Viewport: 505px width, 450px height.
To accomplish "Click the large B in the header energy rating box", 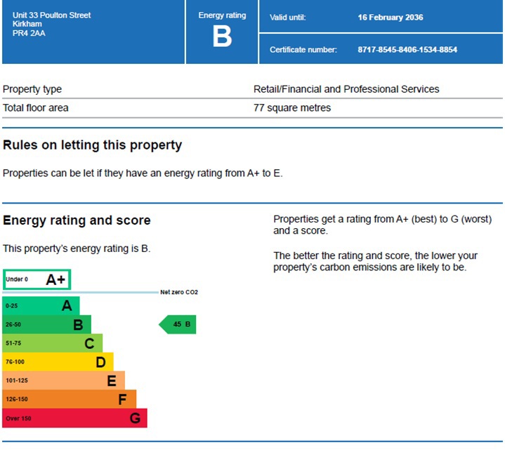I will click(x=222, y=37).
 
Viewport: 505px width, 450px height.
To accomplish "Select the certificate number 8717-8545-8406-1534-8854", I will click(x=407, y=50).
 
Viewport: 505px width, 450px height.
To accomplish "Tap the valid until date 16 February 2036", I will click(x=391, y=18).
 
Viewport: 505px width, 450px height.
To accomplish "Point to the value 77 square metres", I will click(x=292, y=108).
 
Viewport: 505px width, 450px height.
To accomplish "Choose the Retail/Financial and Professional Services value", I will click(x=346, y=89).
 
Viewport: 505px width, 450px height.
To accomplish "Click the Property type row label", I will click(x=32, y=89).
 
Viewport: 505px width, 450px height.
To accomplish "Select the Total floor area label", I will click(x=36, y=108).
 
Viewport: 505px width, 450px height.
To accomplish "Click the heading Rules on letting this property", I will click(x=92, y=145).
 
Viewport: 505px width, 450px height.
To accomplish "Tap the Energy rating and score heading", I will click(x=77, y=220).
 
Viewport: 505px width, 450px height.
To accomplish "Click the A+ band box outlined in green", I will click(x=37, y=279).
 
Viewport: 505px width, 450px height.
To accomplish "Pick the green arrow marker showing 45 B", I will click(x=178, y=324).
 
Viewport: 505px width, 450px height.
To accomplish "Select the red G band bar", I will click(x=74, y=418).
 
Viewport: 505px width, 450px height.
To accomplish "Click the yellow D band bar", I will click(x=58, y=362).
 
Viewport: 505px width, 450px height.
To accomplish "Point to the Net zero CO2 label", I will click(x=179, y=292).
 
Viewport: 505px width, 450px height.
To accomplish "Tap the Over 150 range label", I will click(x=18, y=418).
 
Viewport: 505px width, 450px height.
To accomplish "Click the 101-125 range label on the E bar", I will click(x=17, y=381).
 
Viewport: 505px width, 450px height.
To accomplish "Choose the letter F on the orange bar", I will click(x=122, y=399).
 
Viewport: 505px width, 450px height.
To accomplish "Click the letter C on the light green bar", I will click(x=89, y=343).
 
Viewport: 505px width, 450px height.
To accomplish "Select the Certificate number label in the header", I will click(x=303, y=50).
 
